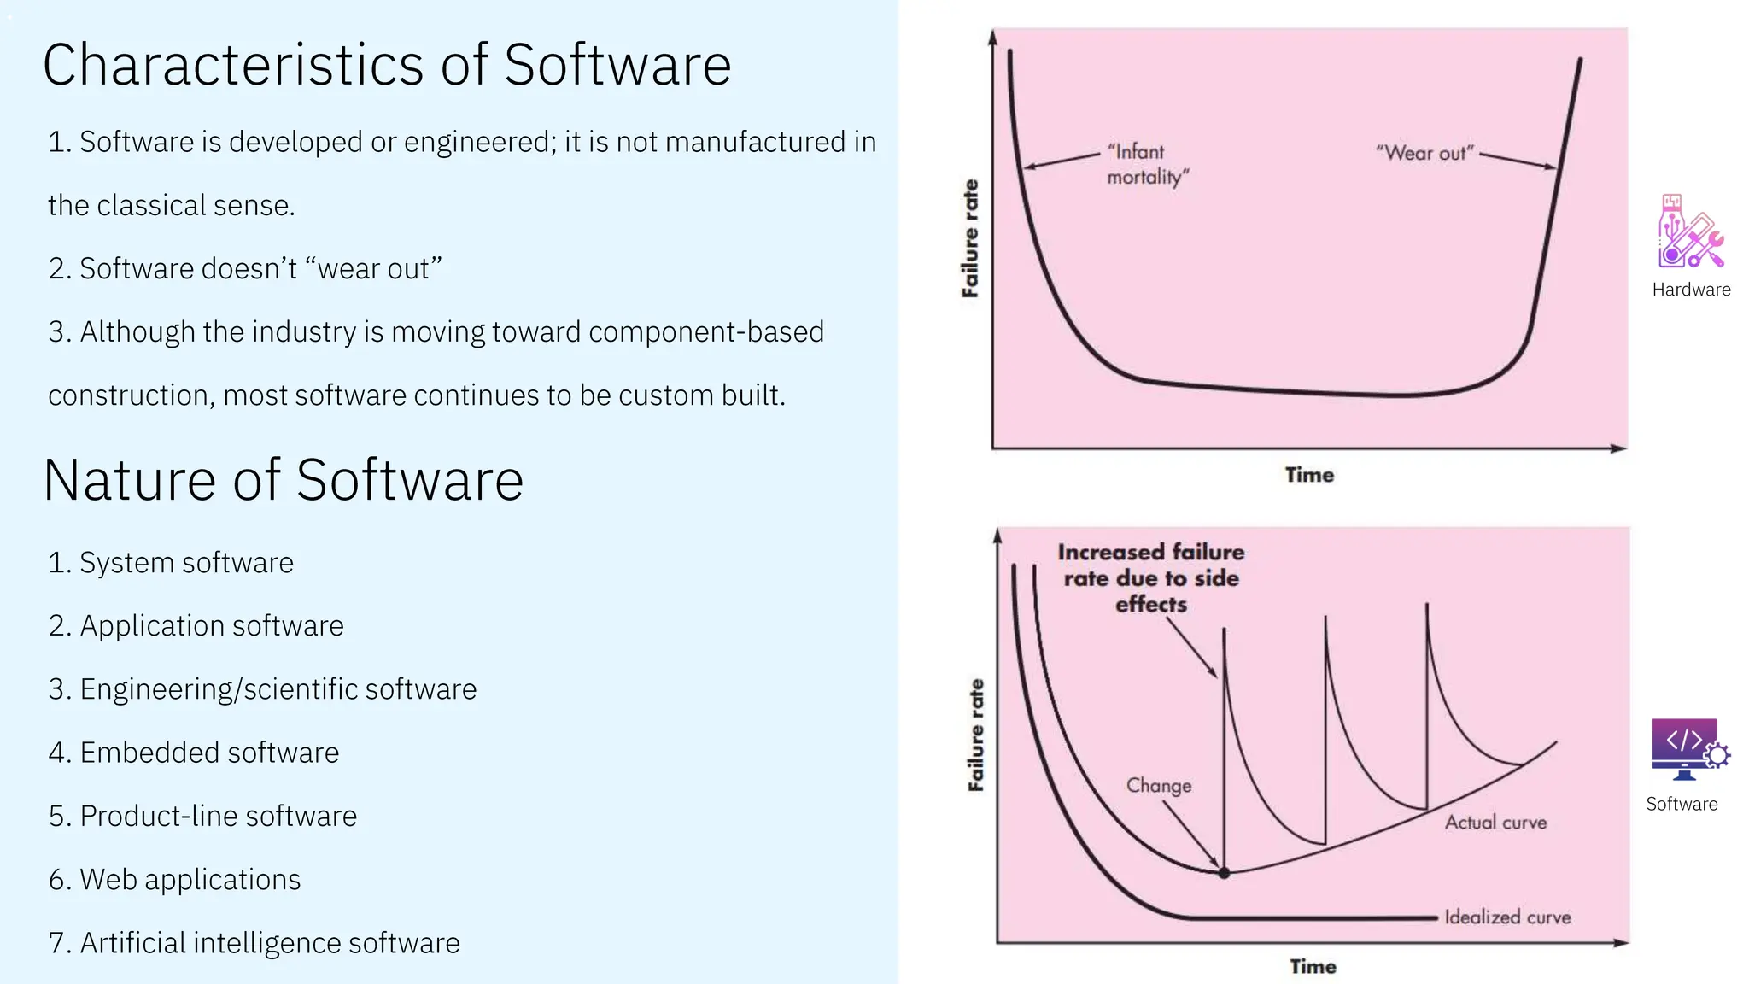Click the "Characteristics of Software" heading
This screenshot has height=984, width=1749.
click(x=387, y=65)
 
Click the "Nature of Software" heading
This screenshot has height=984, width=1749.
click(x=283, y=480)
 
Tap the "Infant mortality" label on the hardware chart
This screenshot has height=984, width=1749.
click(x=1147, y=164)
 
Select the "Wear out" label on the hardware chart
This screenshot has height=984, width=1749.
click(x=1424, y=153)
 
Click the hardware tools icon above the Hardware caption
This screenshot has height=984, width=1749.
click(x=1690, y=232)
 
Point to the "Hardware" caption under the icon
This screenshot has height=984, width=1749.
click(x=1691, y=290)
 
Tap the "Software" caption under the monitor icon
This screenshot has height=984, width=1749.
click(x=1682, y=804)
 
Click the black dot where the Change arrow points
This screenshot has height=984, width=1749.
click(x=1224, y=873)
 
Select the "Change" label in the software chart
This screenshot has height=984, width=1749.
click(x=1158, y=785)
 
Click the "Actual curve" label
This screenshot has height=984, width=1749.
click(x=1495, y=823)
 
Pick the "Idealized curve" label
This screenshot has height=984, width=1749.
click(x=1507, y=917)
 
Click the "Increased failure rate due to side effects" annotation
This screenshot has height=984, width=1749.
click(x=1150, y=578)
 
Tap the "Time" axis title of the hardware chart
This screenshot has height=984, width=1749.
click(x=1309, y=475)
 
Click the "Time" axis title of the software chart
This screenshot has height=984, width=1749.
click(x=1313, y=966)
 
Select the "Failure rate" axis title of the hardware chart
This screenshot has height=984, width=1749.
click(x=970, y=238)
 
